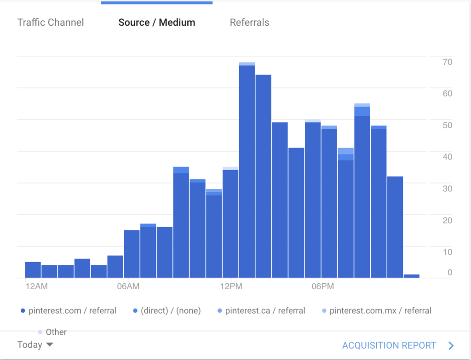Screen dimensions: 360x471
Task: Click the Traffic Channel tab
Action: coord(51,23)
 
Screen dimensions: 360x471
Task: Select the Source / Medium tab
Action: coord(156,23)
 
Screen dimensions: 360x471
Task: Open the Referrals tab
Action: coord(249,23)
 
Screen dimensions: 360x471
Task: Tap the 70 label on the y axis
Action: coord(447,62)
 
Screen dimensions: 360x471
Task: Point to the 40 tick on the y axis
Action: coord(447,157)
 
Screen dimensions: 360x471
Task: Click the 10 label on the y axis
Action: coord(447,252)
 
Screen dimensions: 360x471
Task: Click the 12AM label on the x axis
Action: coord(36,287)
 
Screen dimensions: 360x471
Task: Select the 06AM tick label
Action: coord(128,287)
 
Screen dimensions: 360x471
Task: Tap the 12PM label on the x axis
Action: coord(231,287)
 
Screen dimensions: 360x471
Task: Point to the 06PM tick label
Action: coord(322,287)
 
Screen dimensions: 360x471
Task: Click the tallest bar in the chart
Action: coord(247,170)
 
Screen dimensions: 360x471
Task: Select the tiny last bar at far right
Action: coord(411,276)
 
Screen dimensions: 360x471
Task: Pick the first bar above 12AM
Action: coord(33,270)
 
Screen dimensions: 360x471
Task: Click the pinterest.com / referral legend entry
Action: coord(69,311)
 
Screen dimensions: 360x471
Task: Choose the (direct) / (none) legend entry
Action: coord(167,311)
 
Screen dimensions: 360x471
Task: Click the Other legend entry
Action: coord(52,332)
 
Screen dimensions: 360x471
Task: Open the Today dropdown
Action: coord(35,345)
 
